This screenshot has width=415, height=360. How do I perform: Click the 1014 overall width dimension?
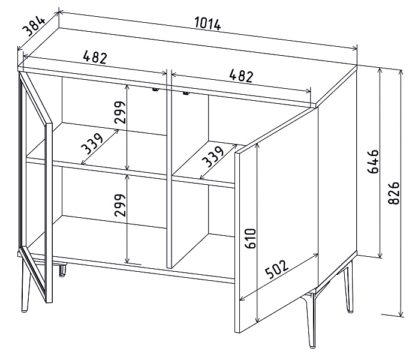point(207,23)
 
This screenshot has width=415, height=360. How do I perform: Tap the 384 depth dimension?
point(34,26)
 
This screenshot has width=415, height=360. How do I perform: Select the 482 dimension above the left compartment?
point(95,58)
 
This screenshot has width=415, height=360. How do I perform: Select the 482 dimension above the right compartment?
point(241,76)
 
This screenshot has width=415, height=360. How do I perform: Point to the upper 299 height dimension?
point(119,112)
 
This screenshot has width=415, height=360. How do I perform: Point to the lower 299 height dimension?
point(119,205)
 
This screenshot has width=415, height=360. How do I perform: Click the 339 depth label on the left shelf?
point(92,144)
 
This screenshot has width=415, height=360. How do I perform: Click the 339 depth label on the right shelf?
point(213,157)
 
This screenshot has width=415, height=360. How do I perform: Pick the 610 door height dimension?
point(250,238)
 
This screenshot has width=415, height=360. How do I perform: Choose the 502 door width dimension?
point(276,270)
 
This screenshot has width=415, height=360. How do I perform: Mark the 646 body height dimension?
point(374,161)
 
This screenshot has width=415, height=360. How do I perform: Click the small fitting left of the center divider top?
point(155,89)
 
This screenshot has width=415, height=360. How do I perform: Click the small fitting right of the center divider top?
point(186,93)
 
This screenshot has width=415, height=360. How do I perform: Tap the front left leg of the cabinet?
point(25,284)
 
